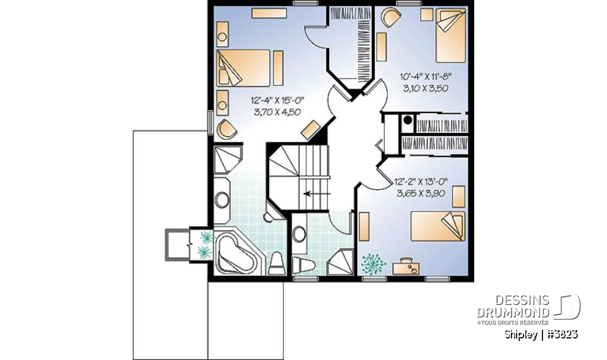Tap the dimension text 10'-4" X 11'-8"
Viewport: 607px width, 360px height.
tap(426, 77)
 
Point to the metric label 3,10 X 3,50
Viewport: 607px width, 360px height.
tap(426, 89)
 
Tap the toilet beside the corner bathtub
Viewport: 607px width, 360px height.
tap(276, 263)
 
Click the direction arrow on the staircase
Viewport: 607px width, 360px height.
tap(312, 194)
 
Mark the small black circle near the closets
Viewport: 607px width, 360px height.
tap(408, 119)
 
